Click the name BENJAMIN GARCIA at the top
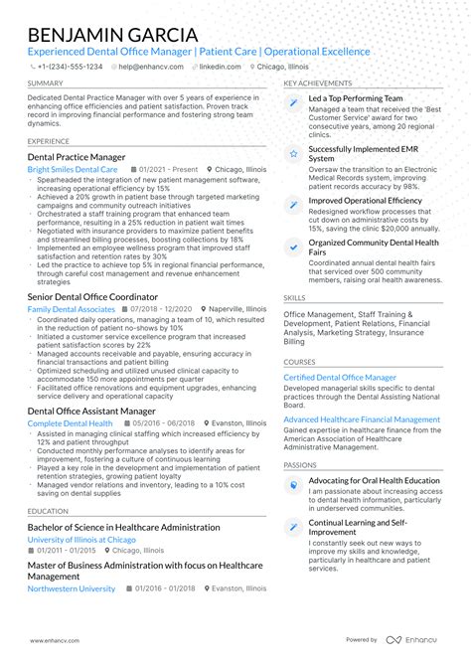pos(112,36)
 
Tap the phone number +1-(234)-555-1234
pos(69,67)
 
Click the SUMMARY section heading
pos(46,83)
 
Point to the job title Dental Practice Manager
pos(77,157)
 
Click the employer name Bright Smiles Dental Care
pos(73,170)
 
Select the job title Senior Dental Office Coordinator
pos(93,297)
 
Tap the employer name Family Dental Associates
pos(72,310)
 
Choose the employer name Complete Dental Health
pos(70,423)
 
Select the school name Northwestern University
pos(72,588)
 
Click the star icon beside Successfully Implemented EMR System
pos(293,154)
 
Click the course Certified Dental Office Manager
pos(340,378)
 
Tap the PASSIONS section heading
pos(300,464)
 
